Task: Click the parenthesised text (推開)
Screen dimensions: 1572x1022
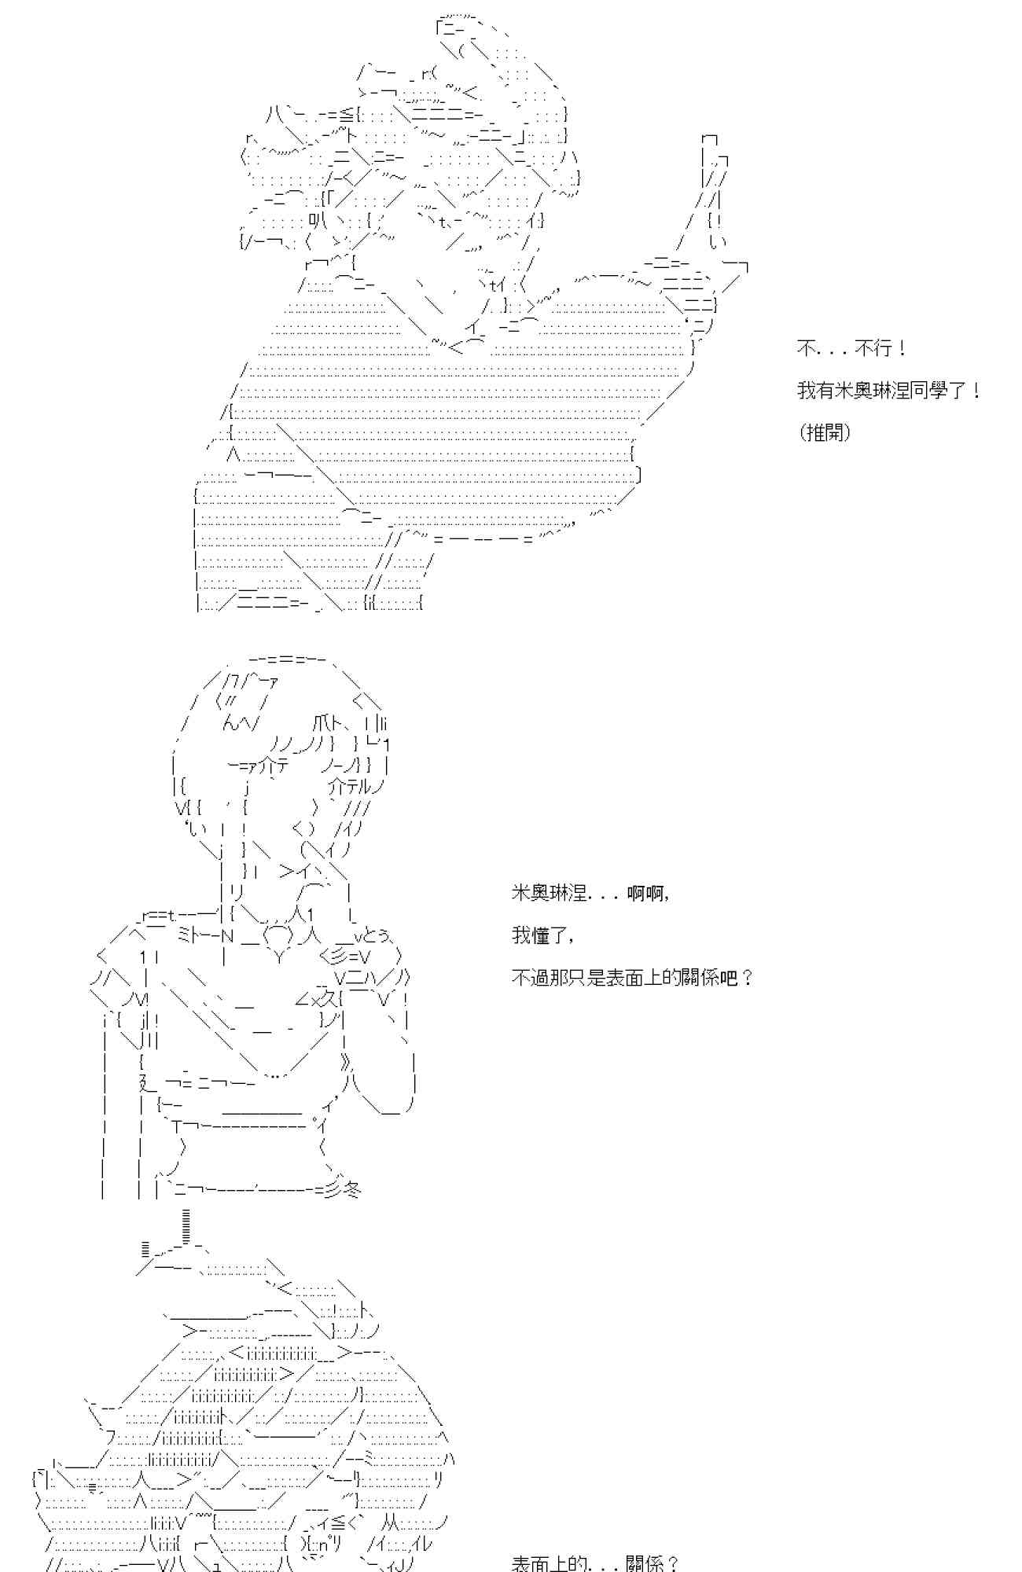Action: tap(824, 432)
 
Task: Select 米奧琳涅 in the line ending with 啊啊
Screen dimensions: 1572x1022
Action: tap(548, 893)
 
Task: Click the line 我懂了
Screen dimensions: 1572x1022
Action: tap(542, 935)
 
